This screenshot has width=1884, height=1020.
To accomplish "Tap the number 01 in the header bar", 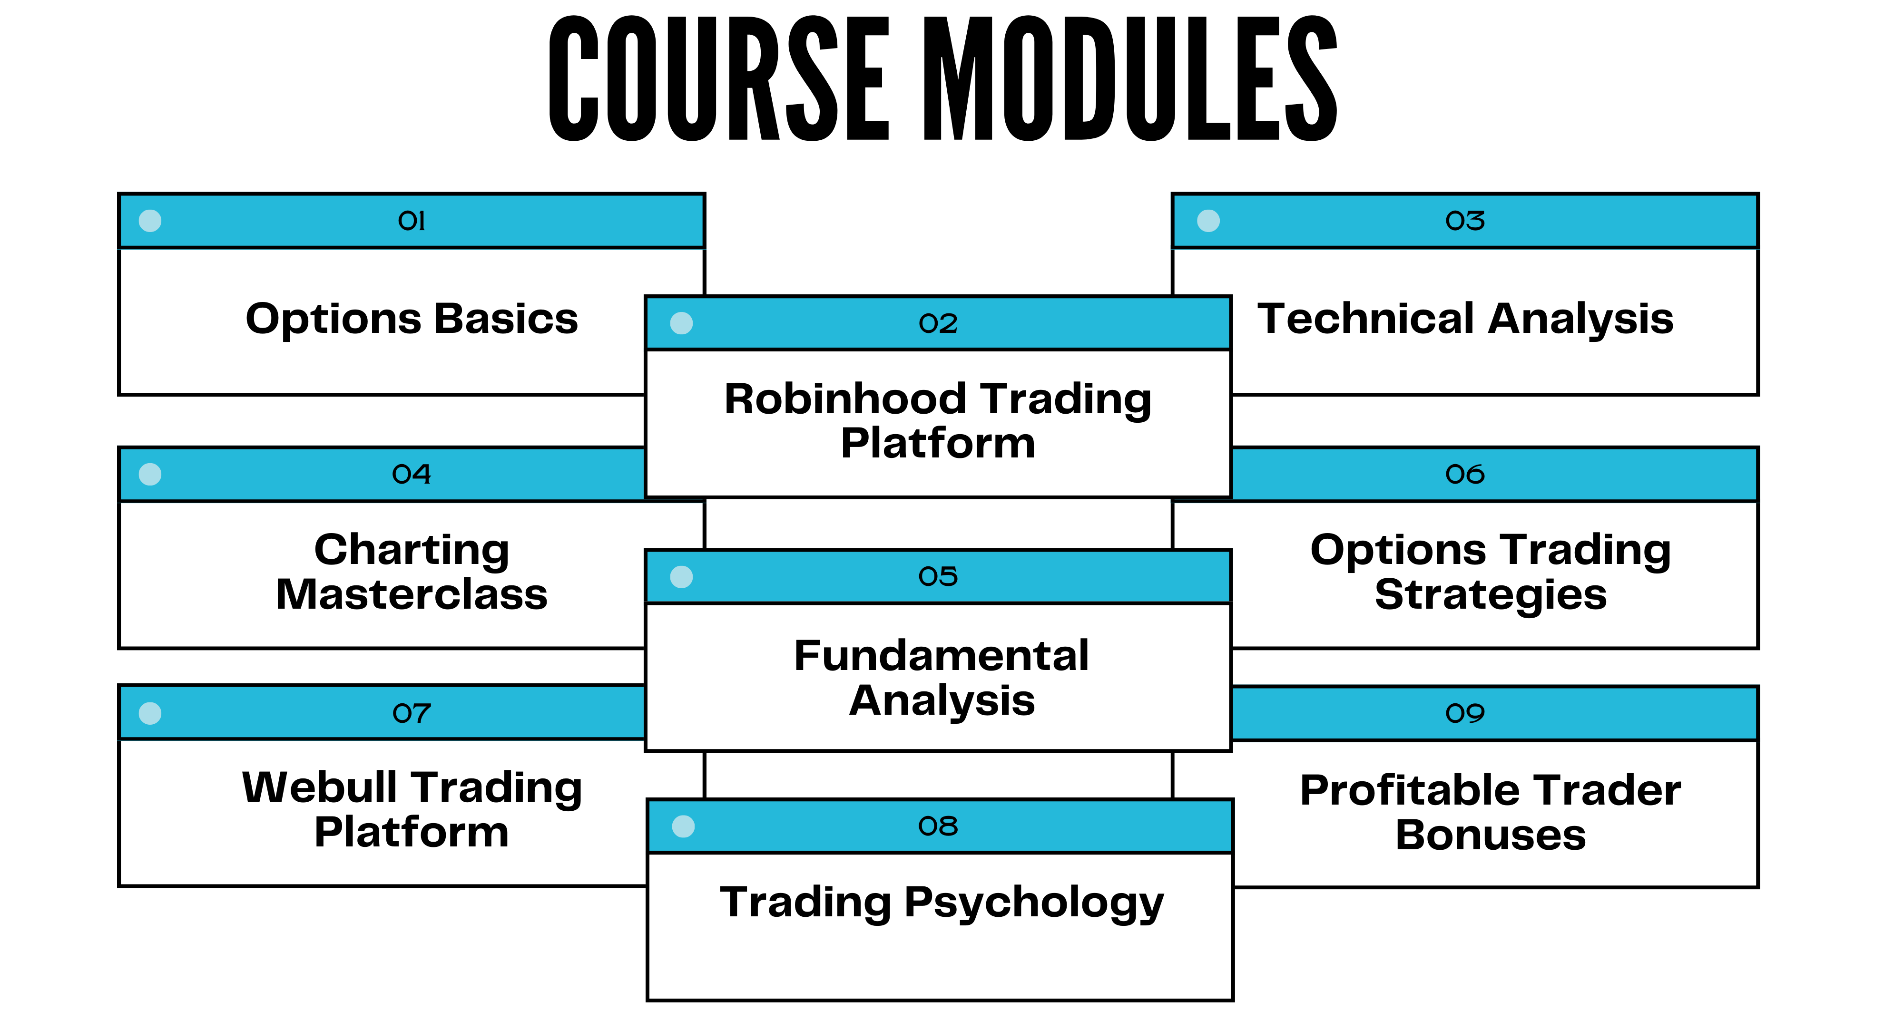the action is (412, 221).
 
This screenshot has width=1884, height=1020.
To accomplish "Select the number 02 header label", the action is (938, 323).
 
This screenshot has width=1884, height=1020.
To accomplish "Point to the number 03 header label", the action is (1465, 221).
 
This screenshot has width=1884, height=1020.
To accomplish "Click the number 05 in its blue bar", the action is (938, 577).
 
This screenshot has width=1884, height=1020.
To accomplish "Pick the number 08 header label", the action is (938, 826).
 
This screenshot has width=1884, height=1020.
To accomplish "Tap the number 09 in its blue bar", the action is (1465, 713).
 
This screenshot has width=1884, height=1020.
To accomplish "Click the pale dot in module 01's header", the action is (150, 221).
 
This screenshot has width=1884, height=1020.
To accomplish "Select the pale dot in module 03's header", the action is (1208, 221).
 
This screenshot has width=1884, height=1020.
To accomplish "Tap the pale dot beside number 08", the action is (683, 826).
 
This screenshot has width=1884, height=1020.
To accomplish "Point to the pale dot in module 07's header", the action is (150, 713).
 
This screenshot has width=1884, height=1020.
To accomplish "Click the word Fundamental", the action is (941, 655).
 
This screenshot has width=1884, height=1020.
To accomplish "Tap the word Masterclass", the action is (412, 594).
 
